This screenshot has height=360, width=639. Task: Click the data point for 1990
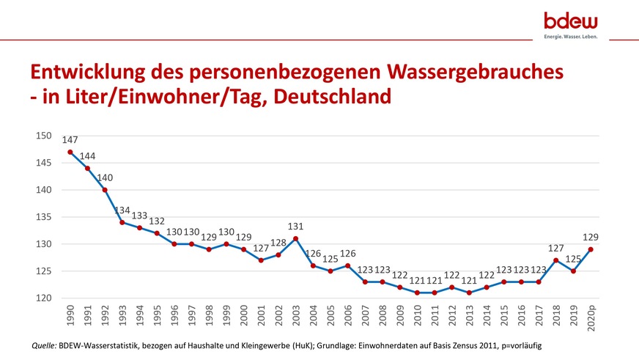point(70,152)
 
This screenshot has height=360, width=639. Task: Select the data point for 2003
point(295,238)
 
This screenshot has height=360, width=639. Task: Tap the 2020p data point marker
point(590,249)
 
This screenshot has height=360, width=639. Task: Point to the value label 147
point(70,139)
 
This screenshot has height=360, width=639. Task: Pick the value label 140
point(105,177)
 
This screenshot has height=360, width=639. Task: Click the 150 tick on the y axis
point(43,136)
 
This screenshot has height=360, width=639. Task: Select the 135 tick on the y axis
point(43,217)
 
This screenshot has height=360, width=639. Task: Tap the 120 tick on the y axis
point(43,298)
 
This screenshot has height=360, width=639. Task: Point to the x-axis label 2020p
point(590,320)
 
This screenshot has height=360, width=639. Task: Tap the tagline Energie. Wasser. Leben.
point(570,36)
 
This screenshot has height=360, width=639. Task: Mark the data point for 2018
point(555,260)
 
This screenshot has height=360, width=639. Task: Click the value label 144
point(88,156)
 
